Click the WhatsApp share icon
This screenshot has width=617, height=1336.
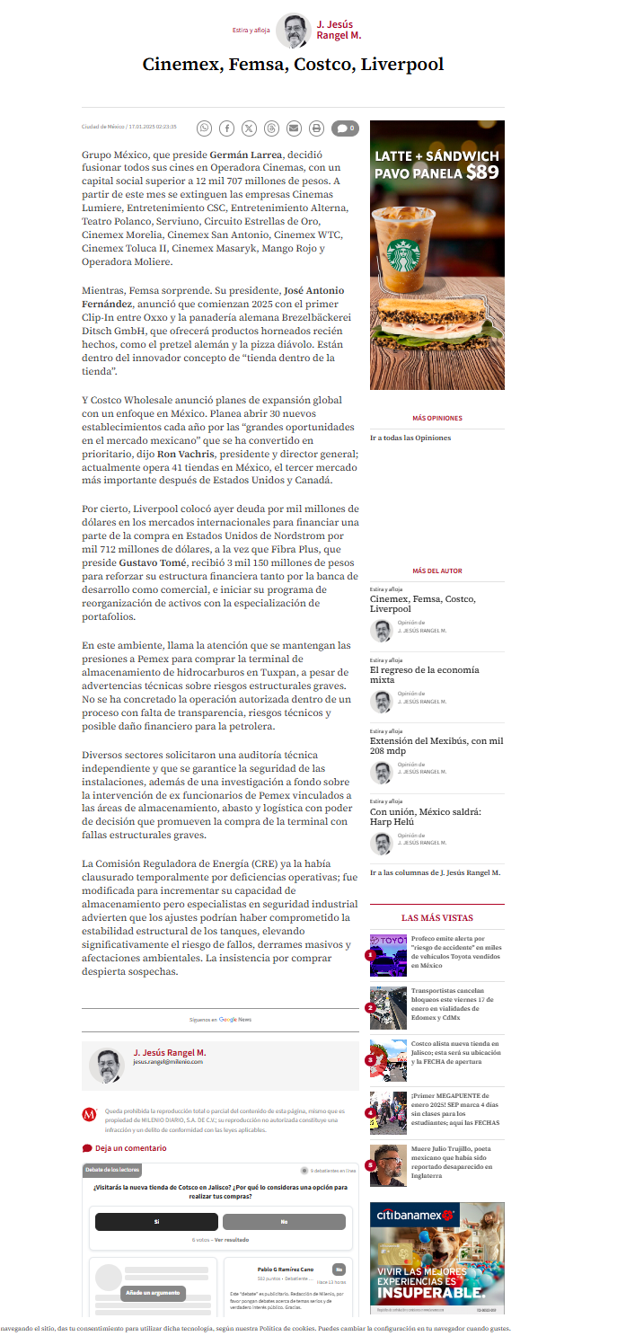pos(205,128)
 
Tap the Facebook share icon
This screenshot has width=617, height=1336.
pos(227,128)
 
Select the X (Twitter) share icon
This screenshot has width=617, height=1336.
pos(249,128)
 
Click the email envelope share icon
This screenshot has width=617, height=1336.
pos(294,128)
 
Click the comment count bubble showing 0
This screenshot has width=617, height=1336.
pos(345,128)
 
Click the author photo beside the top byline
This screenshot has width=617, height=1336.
pos(293,31)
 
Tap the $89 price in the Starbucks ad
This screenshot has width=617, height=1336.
pos(482,173)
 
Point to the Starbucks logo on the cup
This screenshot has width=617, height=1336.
pos(404,256)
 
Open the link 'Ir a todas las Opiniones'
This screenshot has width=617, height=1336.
pos(410,438)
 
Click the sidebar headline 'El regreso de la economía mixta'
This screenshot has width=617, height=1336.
pos(424,675)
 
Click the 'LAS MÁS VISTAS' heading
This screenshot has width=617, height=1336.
pos(436,918)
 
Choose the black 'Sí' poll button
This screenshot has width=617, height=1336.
pos(156,1222)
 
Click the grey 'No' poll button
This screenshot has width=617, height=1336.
pos(284,1222)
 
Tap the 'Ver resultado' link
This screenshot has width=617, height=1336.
pos(231,1239)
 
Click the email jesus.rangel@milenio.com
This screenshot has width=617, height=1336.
pos(168,1062)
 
